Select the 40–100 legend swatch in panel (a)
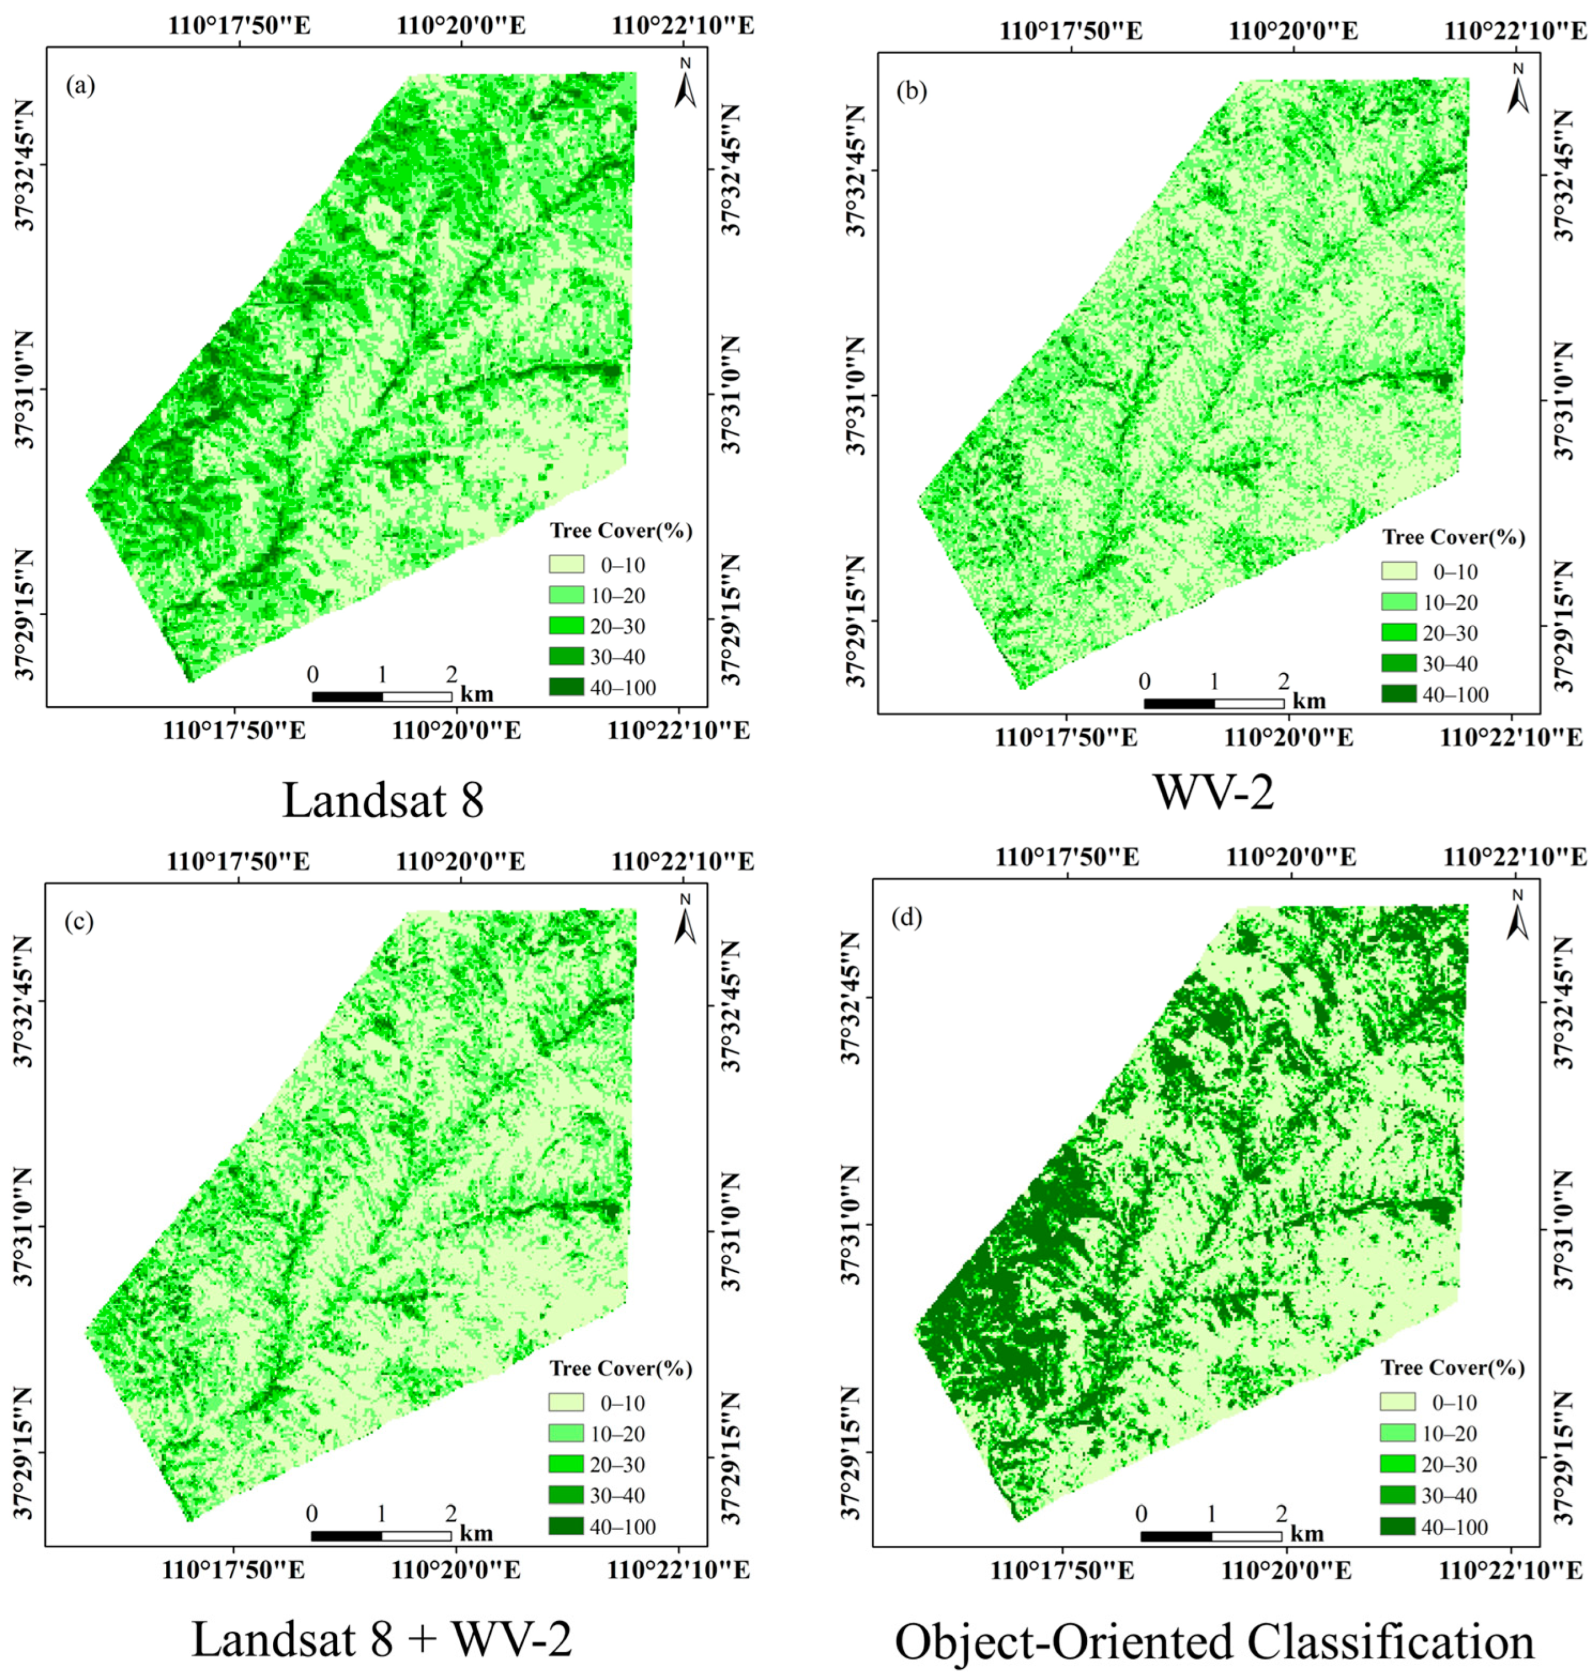566,688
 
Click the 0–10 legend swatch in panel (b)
1399,571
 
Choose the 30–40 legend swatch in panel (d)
1398,1495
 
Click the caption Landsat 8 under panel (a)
383,801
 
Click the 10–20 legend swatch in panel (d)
1398,1434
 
